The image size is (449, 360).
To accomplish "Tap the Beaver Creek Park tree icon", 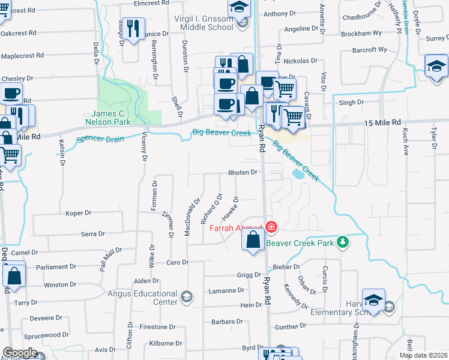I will tap(343, 242).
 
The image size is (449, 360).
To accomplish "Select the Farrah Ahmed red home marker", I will tap(271, 227).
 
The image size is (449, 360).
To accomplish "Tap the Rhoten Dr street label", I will tap(243, 172).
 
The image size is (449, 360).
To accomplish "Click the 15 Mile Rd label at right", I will tap(382, 122).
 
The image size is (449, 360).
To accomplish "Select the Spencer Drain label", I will tap(100, 139).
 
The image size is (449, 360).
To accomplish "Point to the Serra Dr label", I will tap(92, 234).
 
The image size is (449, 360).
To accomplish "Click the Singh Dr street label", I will tap(352, 103).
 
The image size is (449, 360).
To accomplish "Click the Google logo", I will tap(20, 353).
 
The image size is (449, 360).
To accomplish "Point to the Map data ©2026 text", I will tap(424, 355).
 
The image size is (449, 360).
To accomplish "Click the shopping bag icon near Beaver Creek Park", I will tap(253, 239).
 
